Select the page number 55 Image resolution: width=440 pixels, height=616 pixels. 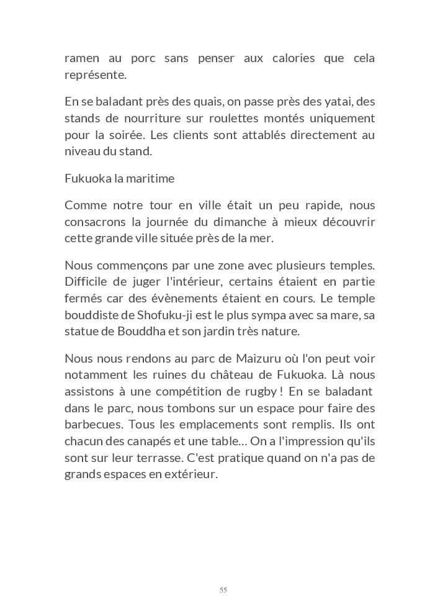223,590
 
